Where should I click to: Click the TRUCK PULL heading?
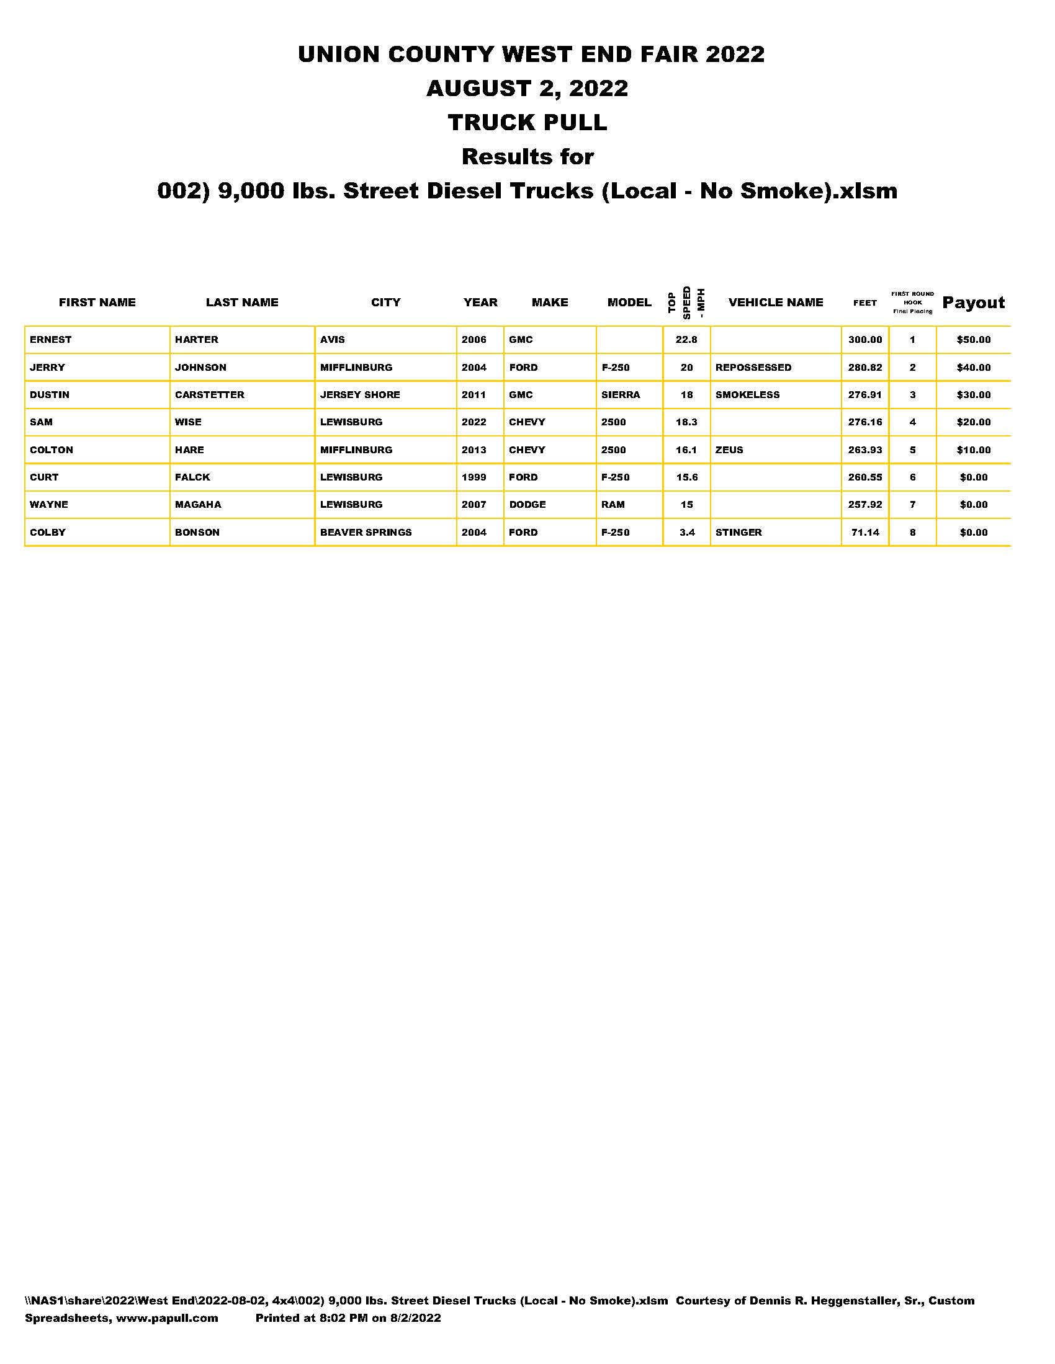click(x=527, y=122)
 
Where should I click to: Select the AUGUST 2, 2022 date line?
click(x=527, y=88)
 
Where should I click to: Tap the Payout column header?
click(x=973, y=303)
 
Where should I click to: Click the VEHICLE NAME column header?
click(x=776, y=303)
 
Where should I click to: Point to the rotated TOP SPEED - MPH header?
click(x=686, y=303)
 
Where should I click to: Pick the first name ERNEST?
click(x=51, y=340)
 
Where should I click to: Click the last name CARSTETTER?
click(x=209, y=395)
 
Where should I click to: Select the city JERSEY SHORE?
click(x=360, y=395)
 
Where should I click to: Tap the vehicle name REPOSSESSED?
click(x=753, y=367)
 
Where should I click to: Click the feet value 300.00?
click(x=865, y=340)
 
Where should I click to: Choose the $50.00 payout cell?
click(x=973, y=340)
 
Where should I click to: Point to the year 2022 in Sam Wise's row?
click(x=474, y=422)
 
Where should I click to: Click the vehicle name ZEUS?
click(x=729, y=449)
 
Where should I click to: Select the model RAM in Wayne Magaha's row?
click(x=613, y=505)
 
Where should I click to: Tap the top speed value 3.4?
click(x=687, y=533)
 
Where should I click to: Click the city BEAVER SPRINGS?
click(x=366, y=533)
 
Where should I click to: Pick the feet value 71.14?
click(x=865, y=533)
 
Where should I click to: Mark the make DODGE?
click(x=527, y=505)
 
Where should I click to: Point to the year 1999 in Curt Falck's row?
click(x=474, y=477)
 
